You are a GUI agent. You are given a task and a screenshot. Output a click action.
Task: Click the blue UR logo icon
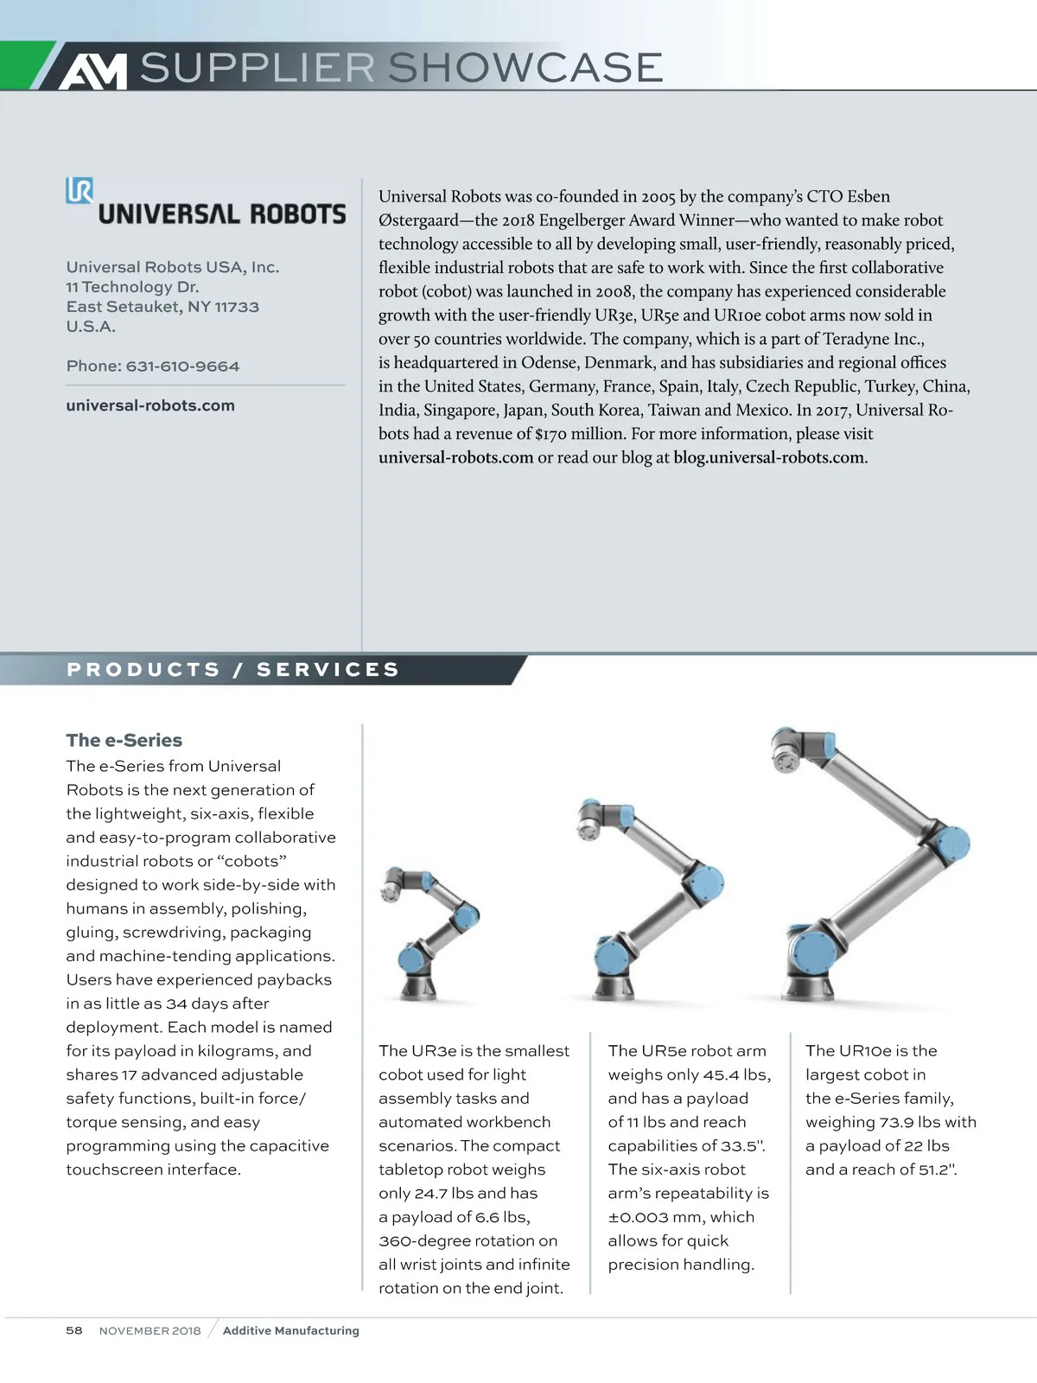point(80,190)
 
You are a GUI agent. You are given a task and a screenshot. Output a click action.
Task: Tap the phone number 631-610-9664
point(182,366)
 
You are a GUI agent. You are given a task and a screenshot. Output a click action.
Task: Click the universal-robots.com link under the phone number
point(150,405)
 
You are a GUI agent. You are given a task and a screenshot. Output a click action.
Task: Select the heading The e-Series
point(124,740)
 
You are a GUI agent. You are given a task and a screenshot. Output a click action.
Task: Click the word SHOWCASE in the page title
point(525,67)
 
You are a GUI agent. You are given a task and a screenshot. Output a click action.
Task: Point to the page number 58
point(74,1330)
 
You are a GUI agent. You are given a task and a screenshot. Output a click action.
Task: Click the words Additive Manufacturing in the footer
point(290,1330)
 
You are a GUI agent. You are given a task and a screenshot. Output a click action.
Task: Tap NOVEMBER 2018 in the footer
point(150,1330)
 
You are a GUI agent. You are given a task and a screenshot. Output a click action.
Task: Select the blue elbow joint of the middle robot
point(707,882)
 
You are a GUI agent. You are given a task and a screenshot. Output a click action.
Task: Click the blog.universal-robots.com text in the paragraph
point(769,457)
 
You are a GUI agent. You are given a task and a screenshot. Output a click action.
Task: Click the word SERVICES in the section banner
point(328,670)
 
